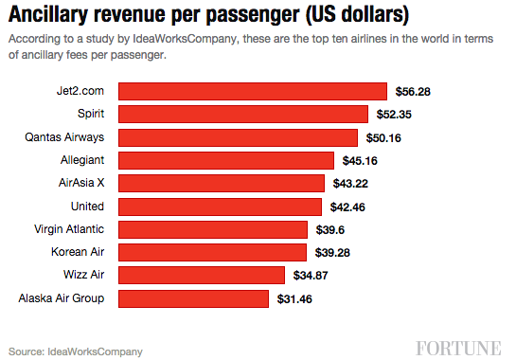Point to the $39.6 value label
coord(334,229)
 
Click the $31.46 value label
coord(297,299)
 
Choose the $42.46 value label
coord(354,207)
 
